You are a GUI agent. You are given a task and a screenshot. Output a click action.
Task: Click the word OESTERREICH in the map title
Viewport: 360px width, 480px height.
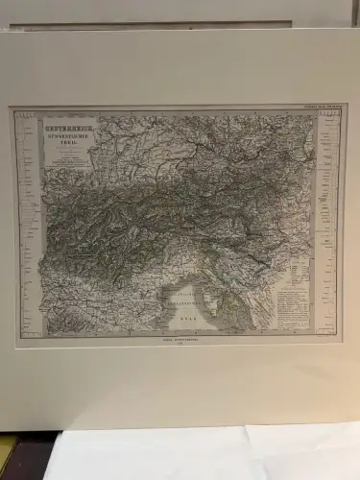click(x=71, y=123)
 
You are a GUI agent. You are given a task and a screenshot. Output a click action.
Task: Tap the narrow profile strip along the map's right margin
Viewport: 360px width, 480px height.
click(x=328, y=226)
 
